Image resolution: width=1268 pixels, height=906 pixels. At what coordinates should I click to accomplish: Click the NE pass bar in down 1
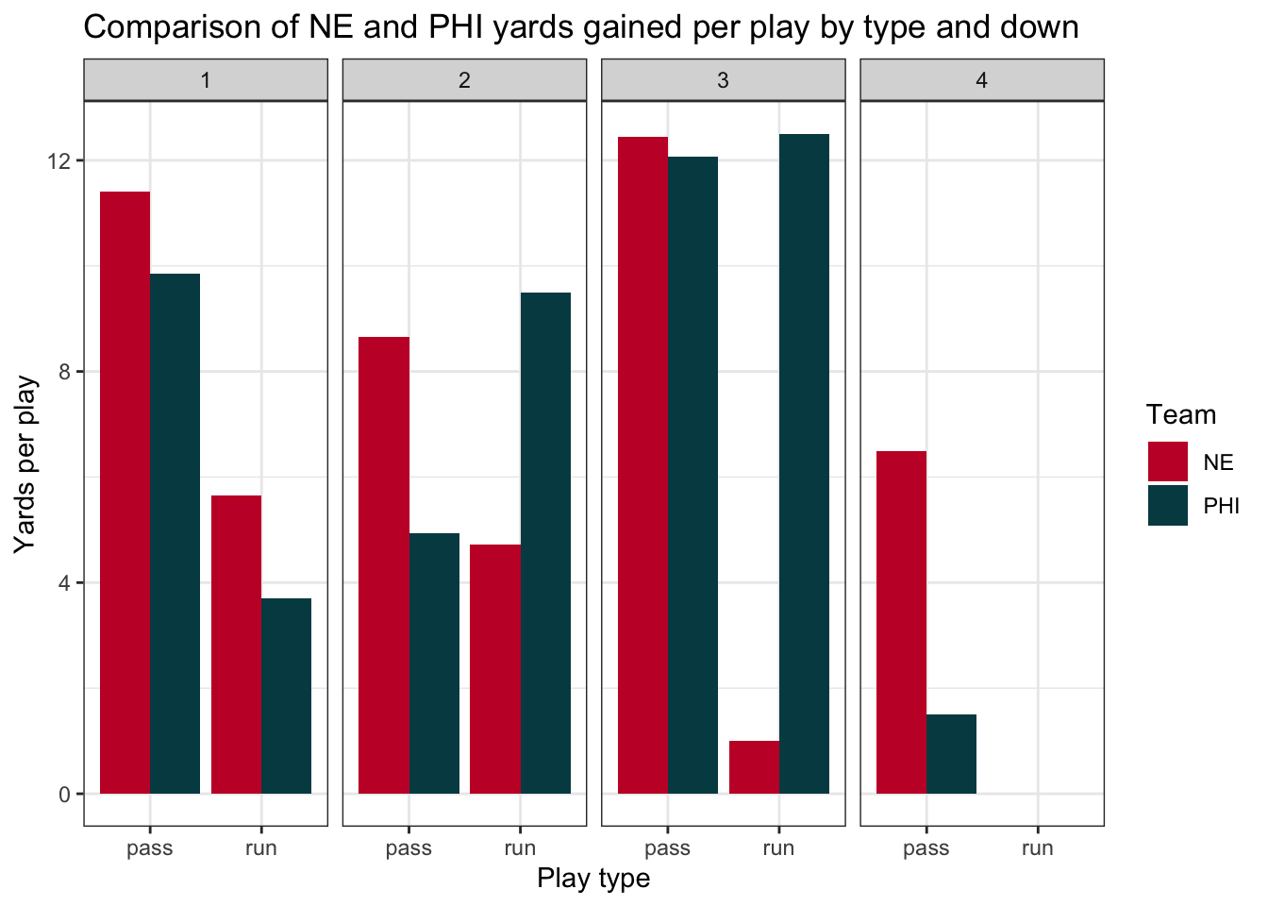tap(125, 492)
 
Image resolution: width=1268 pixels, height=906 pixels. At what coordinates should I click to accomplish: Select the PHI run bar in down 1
tap(286, 696)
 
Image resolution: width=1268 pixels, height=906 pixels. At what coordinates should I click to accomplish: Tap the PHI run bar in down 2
tap(545, 543)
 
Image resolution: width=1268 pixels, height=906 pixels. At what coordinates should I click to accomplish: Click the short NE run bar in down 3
tap(754, 767)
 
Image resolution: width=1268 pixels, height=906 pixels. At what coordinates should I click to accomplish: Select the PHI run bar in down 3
tap(804, 463)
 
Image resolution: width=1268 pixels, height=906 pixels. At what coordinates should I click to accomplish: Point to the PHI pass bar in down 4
tap(951, 754)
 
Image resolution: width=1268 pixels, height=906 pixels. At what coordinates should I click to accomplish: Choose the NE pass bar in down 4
tap(901, 622)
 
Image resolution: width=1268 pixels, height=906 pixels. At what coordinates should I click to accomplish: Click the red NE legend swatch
tap(1167, 461)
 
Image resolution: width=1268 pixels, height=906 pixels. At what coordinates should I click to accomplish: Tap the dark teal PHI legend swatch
tap(1167, 505)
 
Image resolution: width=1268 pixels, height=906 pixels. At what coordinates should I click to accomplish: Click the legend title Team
tap(1180, 415)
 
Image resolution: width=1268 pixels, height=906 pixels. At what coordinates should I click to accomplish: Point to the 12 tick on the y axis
tap(65, 160)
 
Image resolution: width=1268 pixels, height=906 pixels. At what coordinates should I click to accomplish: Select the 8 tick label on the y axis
tap(65, 372)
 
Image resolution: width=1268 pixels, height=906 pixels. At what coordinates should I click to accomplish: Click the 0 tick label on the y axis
tap(65, 795)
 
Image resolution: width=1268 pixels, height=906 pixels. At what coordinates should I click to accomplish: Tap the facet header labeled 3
tap(723, 80)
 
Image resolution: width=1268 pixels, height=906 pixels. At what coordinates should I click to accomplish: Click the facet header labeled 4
tap(981, 80)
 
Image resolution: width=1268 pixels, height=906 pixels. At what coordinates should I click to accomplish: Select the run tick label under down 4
tap(1037, 848)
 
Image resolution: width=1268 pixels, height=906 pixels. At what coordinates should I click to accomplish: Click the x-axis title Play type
tap(593, 879)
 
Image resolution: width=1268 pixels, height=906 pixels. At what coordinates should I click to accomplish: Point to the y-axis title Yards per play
tap(25, 464)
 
